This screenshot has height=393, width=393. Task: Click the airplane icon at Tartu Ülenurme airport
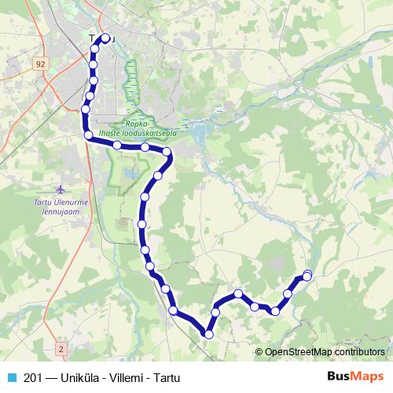[62, 189]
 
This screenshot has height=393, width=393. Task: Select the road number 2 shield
[61, 347]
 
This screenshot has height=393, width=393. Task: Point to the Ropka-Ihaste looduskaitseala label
[150, 128]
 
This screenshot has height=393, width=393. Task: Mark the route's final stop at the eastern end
[307, 274]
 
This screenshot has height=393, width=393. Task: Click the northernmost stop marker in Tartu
[105, 38]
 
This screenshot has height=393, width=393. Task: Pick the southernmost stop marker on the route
[208, 335]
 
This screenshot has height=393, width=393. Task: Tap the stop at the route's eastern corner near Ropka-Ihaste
[167, 152]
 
